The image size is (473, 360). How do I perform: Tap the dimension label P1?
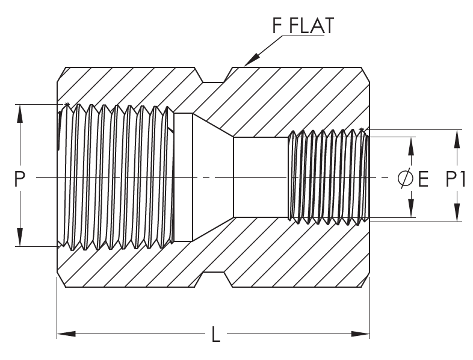pyautogui.click(x=455, y=179)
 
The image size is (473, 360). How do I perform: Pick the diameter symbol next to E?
pyautogui.click(x=406, y=179)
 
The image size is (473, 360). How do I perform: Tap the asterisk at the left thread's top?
pyautogui.click(x=67, y=105)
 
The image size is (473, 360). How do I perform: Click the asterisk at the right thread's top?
pyautogui.click(x=361, y=130)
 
